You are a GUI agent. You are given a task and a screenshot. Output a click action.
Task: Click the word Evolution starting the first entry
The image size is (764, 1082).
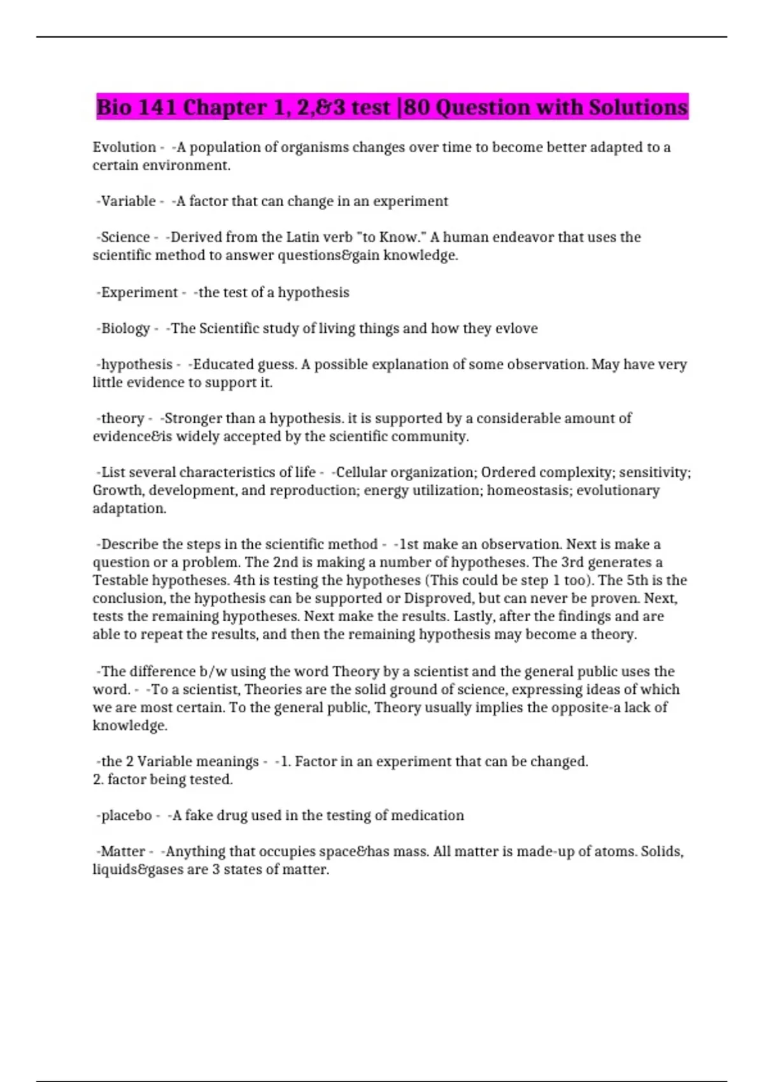click(x=124, y=147)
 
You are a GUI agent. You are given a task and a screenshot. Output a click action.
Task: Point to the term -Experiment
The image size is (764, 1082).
click(x=137, y=292)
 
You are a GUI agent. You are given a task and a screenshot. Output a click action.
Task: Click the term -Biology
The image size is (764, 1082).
click(x=123, y=328)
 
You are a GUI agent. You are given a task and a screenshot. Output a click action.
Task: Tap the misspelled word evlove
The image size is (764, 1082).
click(x=516, y=328)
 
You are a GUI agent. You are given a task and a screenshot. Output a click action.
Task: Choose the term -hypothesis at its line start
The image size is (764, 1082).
click(x=134, y=364)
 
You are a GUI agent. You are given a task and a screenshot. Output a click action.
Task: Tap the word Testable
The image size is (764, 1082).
click(x=120, y=580)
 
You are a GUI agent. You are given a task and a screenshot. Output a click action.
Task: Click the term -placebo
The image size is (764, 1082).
click(x=124, y=815)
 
